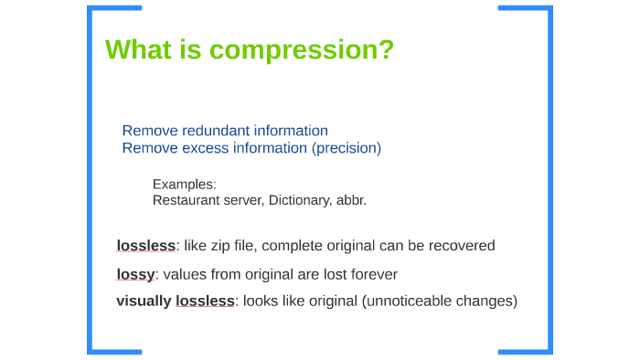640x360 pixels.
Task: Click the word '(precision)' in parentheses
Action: [347, 148]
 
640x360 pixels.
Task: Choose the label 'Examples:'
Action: [184, 184]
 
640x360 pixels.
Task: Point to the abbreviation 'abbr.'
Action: [351, 200]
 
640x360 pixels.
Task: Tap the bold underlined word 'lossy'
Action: [135, 274]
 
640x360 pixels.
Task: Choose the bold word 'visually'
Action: [144, 301]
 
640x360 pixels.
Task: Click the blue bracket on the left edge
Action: [91, 179]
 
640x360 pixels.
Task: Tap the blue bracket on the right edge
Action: [549, 179]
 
